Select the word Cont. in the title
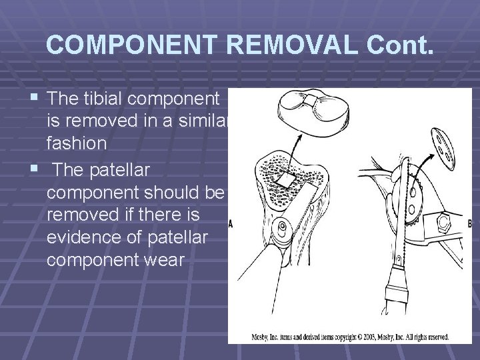[400, 45]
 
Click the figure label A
[231, 223]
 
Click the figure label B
[469, 224]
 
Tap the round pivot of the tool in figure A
[283, 228]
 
